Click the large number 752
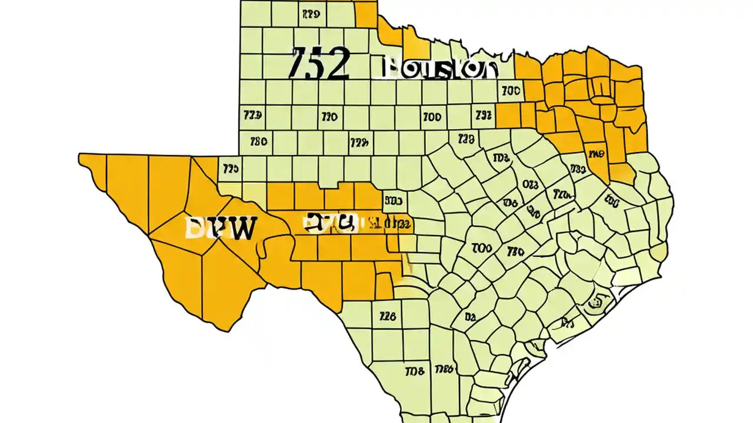point(319,64)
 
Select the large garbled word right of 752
point(439,68)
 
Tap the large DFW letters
point(221,228)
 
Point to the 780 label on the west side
point(258,142)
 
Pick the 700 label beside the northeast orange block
point(511,91)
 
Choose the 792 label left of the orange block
point(483,115)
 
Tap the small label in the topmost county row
point(310,14)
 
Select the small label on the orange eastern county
point(596,155)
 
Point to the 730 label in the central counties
point(515,251)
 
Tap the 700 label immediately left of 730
point(481,249)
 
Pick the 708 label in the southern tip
point(415,372)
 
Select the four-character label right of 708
point(444,369)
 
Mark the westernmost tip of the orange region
point(80,156)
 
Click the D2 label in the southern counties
point(469,317)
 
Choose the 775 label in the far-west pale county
point(230,169)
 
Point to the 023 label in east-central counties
point(529,184)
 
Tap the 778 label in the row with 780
point(358,142)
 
